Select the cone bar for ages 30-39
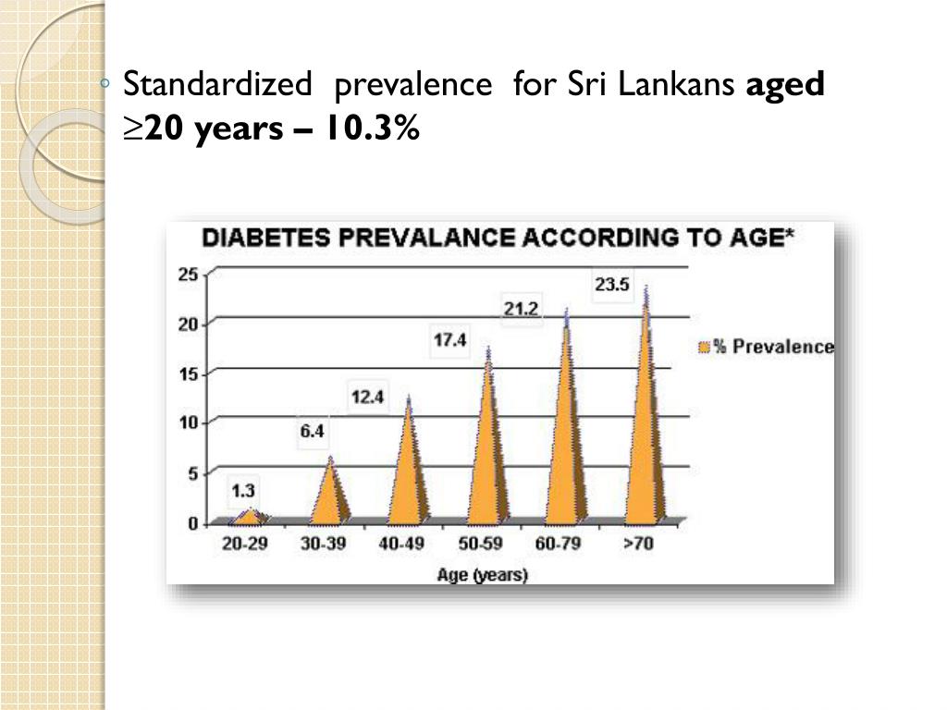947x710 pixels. [330, 495]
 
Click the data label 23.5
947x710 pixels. [612, 286]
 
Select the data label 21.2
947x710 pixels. [521, 309]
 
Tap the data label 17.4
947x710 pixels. [449, 341]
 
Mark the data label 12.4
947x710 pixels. [367, 398]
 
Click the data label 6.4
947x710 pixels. [313, 432]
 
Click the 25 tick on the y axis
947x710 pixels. [189, 274]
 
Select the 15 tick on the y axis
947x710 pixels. [189, 373]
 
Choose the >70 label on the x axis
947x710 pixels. [638, 545]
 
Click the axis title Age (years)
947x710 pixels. [482, 575]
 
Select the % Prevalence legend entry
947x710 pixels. [767, 348]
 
